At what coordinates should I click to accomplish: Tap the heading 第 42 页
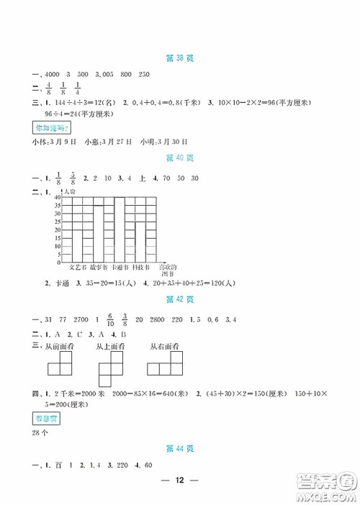179,299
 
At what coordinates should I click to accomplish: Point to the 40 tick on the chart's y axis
58,197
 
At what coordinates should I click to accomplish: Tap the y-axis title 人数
69,191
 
